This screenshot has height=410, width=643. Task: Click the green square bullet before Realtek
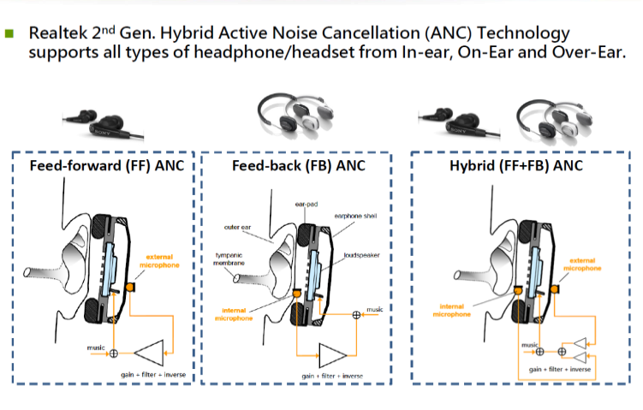10,34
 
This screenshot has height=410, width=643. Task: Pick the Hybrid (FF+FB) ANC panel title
515,165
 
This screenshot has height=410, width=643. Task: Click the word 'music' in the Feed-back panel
375,307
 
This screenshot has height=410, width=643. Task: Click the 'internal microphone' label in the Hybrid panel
452,309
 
